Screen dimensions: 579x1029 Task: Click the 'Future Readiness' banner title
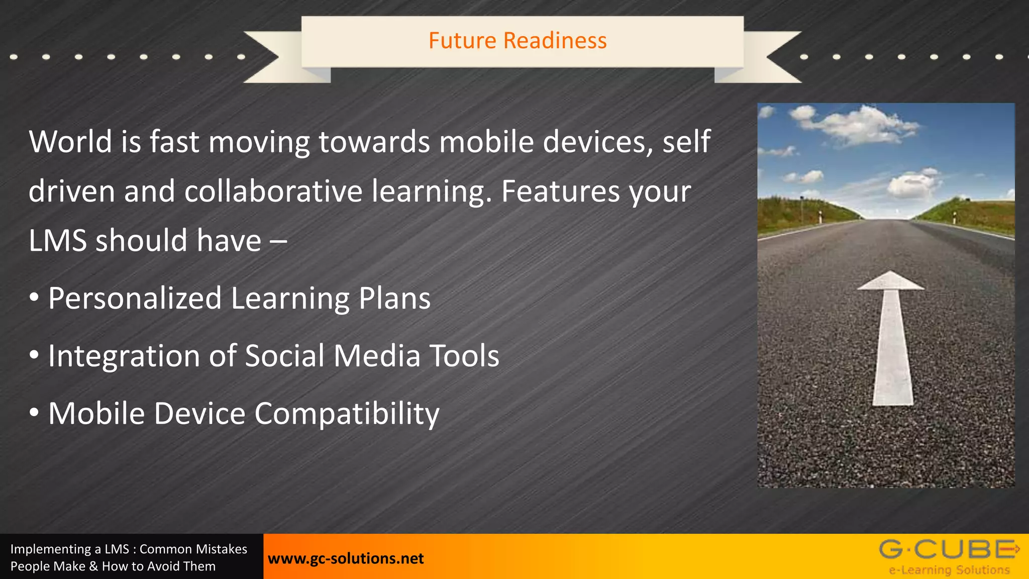pos(518,41)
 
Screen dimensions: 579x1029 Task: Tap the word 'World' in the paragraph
pos(70,142)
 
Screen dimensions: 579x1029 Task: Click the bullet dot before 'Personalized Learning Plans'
pos(34,298)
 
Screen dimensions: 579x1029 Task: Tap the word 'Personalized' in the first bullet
pos(135,299)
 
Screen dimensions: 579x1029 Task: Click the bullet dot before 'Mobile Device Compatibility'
pos(34,413)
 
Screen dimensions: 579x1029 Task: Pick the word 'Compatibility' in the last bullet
pos(347,414)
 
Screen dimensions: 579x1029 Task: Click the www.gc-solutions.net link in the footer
pos(346,558)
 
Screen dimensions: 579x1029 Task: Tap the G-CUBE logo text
pos(947,549)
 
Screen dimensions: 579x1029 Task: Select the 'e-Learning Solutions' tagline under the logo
pos(949,570)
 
